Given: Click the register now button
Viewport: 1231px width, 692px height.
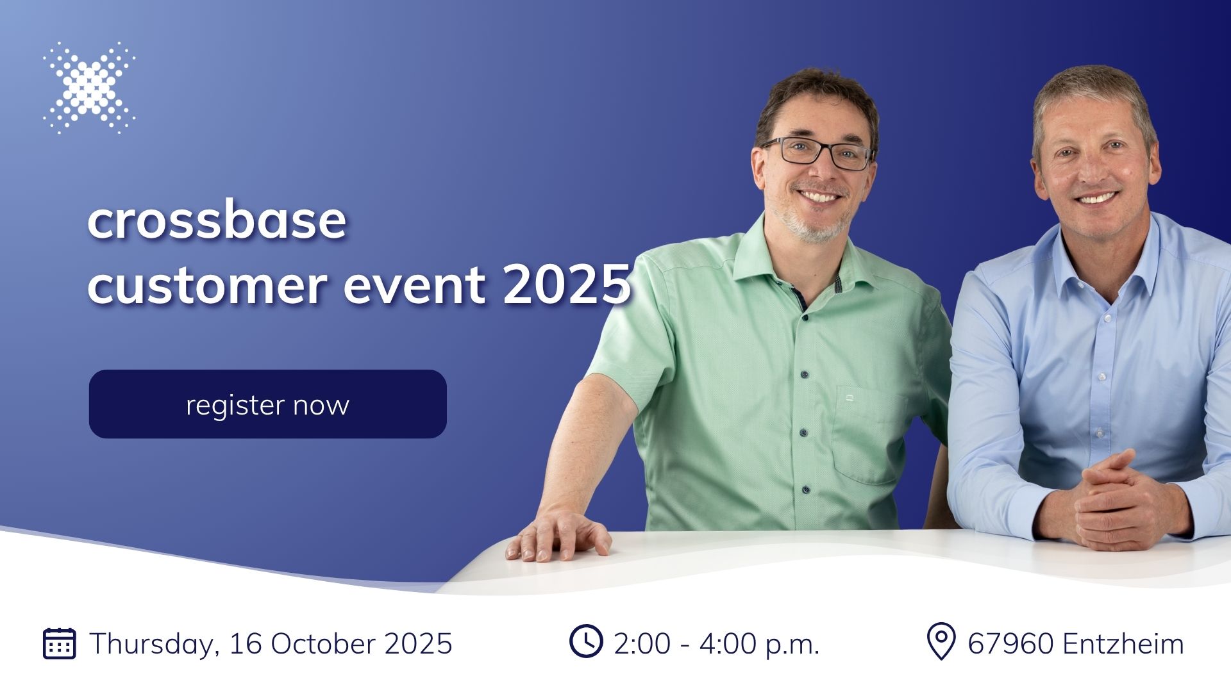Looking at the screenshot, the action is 267,404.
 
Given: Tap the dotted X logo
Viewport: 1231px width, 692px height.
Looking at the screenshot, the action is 89,87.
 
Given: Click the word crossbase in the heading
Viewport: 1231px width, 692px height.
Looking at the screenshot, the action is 217,220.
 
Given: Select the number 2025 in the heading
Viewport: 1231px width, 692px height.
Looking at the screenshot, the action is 567,284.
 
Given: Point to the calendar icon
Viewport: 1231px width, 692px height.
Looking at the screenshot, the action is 60,643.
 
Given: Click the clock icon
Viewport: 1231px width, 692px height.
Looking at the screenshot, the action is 586,641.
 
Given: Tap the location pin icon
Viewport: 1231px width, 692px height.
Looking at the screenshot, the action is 941,642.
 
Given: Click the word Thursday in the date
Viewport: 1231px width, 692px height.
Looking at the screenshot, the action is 155,644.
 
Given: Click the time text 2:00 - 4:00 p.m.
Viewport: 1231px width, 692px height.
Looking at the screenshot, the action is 717,644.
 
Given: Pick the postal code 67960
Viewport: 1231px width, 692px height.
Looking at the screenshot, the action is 1010,643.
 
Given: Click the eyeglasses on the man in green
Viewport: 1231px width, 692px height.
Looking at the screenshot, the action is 817,154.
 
